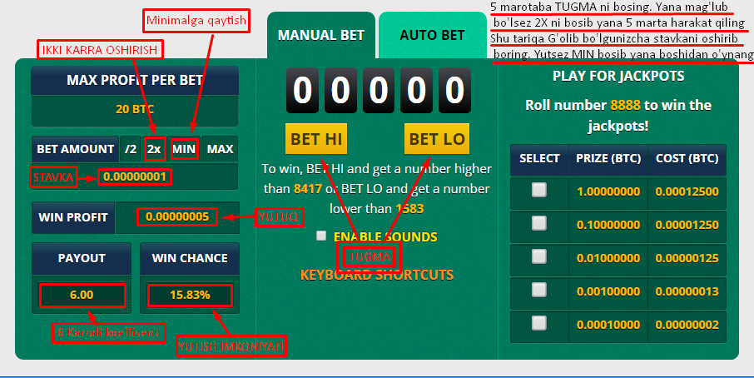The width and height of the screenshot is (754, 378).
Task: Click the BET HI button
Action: point(316,139)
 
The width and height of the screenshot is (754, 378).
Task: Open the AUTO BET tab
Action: point(432,36)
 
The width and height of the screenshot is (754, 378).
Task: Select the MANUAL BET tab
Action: point(320,36)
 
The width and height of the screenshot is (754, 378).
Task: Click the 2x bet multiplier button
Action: point(154,149)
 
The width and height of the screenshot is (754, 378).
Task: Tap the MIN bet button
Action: point(184,149)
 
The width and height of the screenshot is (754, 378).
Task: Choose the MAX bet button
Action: point(220,149)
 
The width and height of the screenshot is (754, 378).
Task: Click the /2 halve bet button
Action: point(131,149)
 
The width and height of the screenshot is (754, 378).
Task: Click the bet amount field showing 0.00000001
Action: point(135,177)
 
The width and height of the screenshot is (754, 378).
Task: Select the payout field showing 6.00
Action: point(82,295)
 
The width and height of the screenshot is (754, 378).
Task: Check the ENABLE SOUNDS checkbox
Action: point(321,236)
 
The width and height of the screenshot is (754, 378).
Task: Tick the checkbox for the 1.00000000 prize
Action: point(539,190)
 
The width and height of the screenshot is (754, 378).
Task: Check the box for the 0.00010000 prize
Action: point(539,324)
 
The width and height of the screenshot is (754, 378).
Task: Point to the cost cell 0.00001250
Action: point(687,224)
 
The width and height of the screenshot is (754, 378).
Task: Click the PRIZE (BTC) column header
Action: point(608,158)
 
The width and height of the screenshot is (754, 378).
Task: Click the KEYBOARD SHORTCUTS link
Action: point(377,275)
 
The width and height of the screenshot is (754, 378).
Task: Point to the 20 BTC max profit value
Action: point(135,109)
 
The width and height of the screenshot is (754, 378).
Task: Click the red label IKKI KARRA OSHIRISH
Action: point(99,50)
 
